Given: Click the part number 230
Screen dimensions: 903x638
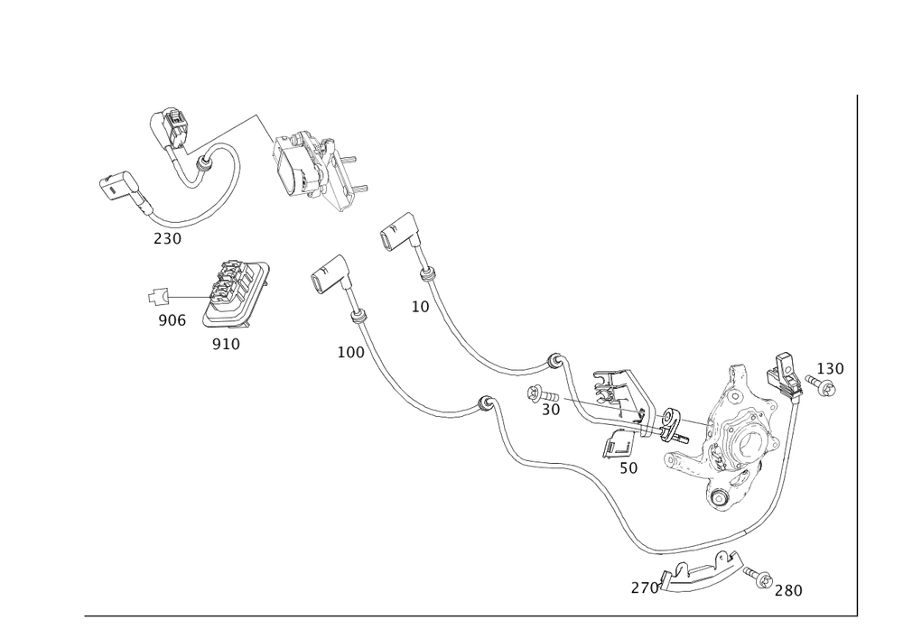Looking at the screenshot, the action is (x=167, y=238).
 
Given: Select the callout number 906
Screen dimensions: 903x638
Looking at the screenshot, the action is (x=171, y=321).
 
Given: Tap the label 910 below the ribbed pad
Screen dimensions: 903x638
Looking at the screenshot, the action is (x=226, y=345).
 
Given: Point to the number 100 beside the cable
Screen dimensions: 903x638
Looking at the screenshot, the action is (x=349, y=352).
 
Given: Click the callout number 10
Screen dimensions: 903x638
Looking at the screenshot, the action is (x=420, y=307).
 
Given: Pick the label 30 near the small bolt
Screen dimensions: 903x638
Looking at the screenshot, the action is (x=551, y=409).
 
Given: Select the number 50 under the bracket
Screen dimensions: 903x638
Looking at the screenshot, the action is (x=628, y=469).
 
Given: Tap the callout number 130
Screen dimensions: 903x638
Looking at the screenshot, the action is (x=829, y=368).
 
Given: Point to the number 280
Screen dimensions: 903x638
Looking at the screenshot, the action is (x=787, y=590).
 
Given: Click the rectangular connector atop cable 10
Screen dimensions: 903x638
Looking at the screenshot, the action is (x=398, y=231).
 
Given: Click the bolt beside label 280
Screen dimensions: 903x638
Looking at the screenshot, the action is (x=764, y=578).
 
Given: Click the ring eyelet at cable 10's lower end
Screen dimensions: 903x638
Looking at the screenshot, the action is (x=554, y=361).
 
